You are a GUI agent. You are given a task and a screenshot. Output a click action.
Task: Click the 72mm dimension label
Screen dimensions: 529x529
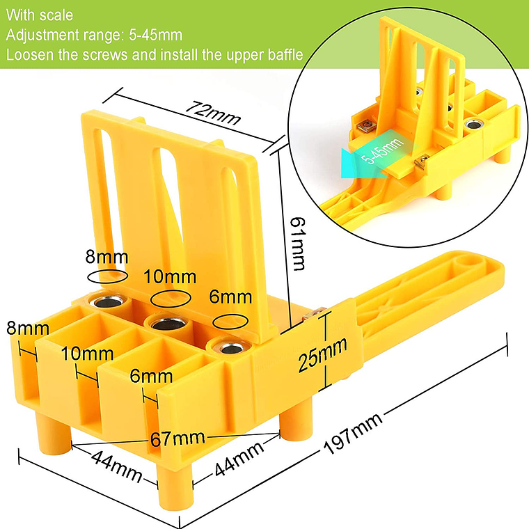click(x=213, y=112)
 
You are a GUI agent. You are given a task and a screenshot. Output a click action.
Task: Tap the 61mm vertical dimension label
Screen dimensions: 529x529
click(x=298, y=244)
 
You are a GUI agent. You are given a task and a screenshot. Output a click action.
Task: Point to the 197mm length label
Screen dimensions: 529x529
click(x=353, y=433)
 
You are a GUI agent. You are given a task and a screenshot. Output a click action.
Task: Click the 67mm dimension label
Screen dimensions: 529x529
click(x=177, y=439)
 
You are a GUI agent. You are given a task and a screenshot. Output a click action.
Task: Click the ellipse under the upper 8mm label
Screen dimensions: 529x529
click(x=108, y=276)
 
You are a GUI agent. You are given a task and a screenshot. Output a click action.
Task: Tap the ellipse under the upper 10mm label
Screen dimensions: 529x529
click(x=171, y=298)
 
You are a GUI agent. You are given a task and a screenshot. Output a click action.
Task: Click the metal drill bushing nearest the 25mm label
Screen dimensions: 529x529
click(x=230, y=347)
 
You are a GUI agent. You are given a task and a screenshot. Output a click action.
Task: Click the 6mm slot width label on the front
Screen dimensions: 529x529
click(x=151, y=376)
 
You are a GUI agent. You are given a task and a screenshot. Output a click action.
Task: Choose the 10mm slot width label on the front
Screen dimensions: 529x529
click(x=88, y=354)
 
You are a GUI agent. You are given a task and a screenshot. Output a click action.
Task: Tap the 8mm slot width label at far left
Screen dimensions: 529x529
click(x=28, y=329)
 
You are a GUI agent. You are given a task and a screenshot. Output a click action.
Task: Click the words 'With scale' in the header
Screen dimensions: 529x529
click(x=40, y=15)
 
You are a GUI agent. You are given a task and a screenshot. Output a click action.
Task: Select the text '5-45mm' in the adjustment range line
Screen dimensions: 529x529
click(x=155, y=35)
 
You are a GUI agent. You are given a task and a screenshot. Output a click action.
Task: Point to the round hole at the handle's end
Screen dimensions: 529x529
click(x=467, y=261)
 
